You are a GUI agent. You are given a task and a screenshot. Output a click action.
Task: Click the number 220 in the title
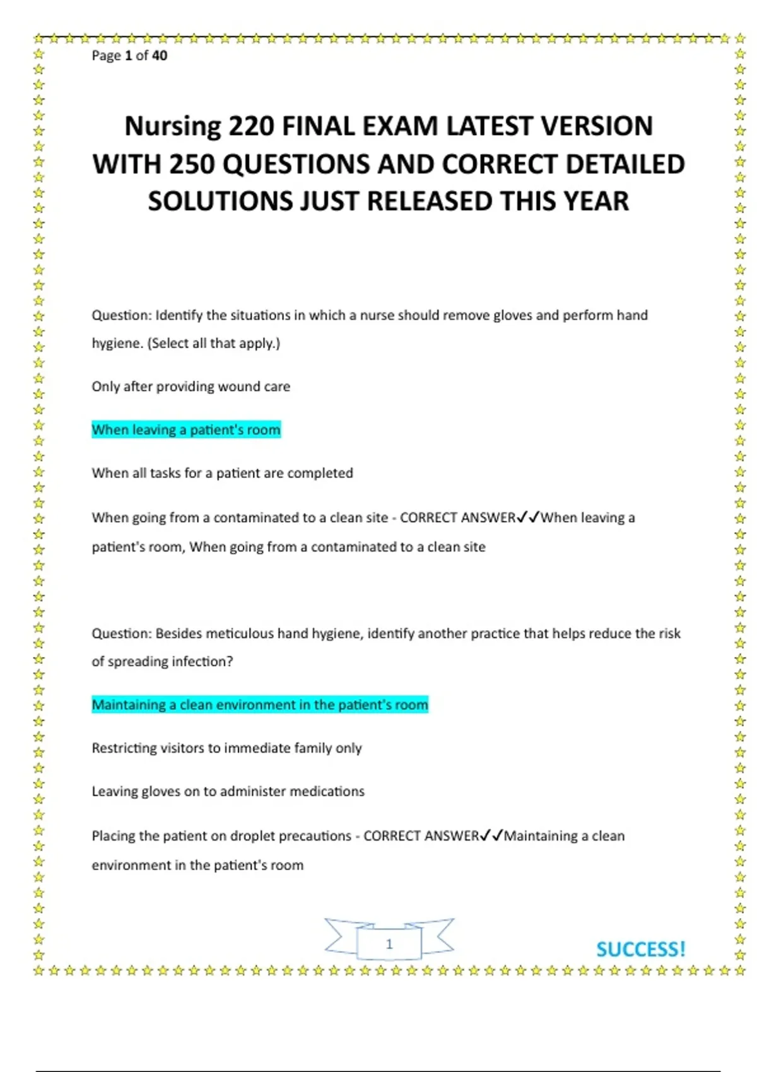(x=252, y=126)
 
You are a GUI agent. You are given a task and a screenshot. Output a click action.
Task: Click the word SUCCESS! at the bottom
(x=640, y=949)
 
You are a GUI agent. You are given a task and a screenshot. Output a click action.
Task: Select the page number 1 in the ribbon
(x=389, y=944)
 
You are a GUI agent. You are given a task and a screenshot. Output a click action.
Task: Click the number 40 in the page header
(x=160, y=55)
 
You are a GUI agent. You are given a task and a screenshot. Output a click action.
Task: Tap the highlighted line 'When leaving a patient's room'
(x=186, y=430)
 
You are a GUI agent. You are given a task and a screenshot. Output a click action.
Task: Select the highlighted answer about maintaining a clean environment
(x=260, y=705)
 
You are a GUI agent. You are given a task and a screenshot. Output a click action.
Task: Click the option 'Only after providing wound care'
(x=191, y=387)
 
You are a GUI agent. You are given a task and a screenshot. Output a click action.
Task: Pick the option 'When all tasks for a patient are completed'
(x=222, y=473)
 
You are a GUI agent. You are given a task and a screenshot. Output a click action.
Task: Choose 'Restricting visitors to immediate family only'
(x=226, y=749)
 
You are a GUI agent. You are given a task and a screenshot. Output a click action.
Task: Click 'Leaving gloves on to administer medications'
(x=228, y=791)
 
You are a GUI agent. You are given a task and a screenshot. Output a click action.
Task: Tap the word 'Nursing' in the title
(x=172, y=126)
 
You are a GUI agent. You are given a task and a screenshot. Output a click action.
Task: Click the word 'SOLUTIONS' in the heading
(x=220, y=202)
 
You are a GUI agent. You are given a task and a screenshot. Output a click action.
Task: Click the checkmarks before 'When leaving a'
(x=529, y=518)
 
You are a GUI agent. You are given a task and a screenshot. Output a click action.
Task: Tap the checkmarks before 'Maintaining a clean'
(x=492, y=836)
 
